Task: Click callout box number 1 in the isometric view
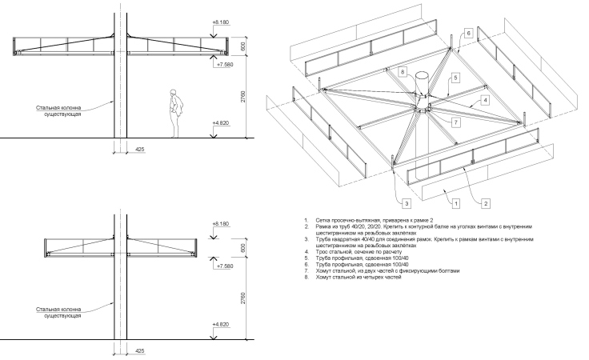(456, 202)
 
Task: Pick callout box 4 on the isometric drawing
(484, 101)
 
